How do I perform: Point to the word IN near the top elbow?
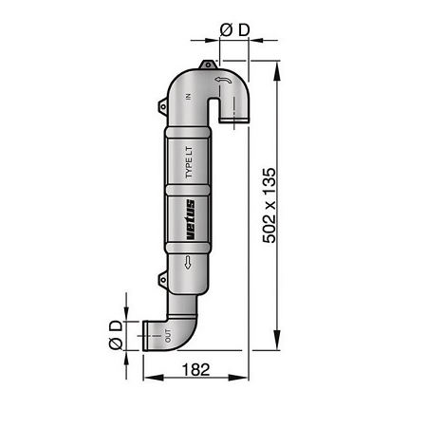click(x=189, y=96)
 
